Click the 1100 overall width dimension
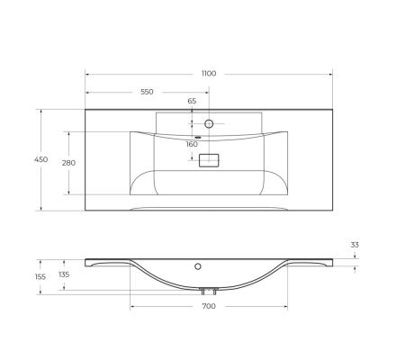click(209, 74)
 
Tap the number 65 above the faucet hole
click(192, 102)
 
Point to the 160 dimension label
click(192, 144)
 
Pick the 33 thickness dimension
click(355, 245)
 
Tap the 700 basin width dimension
click(209, 307)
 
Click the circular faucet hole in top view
click(209, 122)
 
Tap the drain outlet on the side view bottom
click(209, 291)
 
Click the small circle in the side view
click(198, 267)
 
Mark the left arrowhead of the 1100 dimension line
click(86, 74)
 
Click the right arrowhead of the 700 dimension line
click(286, 307)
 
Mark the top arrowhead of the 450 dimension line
click(40, 111)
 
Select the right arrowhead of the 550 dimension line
click(207, 92)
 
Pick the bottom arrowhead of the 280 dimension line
click(68, 195)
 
